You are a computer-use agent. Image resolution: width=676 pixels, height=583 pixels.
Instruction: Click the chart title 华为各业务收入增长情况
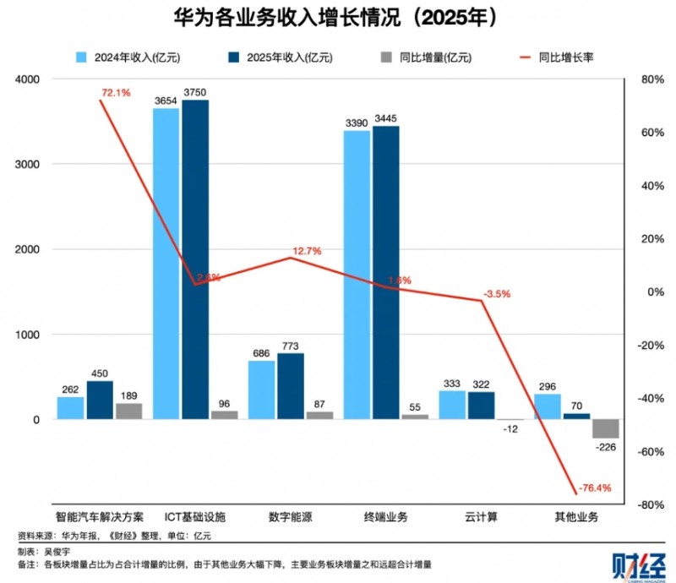coord(338,19)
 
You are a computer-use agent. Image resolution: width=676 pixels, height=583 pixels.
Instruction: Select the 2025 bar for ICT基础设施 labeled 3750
coord(194,258)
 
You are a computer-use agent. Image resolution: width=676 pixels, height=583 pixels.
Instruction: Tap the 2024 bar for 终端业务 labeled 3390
coord(357,275)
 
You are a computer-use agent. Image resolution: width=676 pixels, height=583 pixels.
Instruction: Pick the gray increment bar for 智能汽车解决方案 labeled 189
coord(128,411)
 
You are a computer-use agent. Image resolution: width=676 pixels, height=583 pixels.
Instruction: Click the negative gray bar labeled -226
coord(605,428)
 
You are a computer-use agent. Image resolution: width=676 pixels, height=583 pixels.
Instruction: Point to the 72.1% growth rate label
coord(117,92)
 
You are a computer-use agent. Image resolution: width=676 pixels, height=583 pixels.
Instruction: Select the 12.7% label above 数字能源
coord(306,251)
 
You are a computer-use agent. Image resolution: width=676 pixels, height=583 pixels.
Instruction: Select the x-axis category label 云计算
coord(480,517)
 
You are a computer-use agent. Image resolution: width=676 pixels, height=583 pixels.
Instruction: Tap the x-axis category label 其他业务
coord(576,517)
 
